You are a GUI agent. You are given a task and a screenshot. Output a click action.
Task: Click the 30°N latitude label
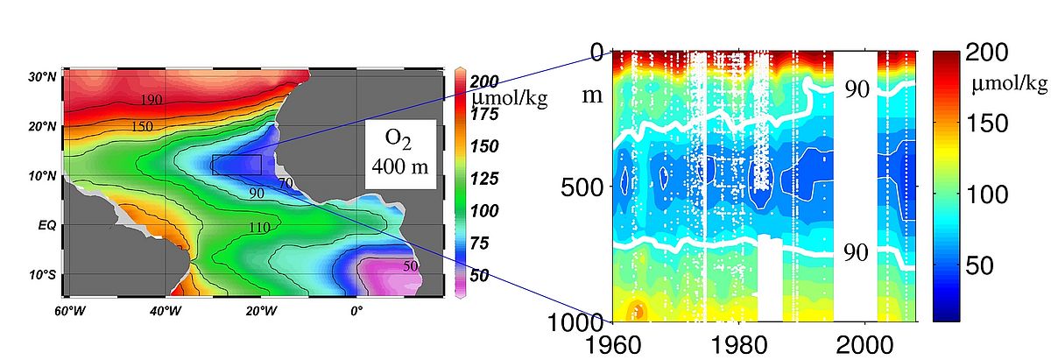click(x=41, y=77)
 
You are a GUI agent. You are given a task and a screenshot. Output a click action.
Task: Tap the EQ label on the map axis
click(x=46, y=225)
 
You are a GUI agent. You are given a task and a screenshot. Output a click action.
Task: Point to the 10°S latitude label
click(x=41, y=275)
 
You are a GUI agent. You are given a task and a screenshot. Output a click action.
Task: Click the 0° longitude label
click(x=356, y=310)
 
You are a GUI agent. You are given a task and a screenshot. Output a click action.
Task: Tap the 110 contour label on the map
click(x=259, y=228)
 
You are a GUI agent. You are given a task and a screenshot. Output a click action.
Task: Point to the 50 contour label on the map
click(x=410, y=265)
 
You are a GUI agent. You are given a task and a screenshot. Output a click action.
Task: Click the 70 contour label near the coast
click(x=286, y=183)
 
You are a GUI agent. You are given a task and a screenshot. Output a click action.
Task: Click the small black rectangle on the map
click(x=236, y=165)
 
